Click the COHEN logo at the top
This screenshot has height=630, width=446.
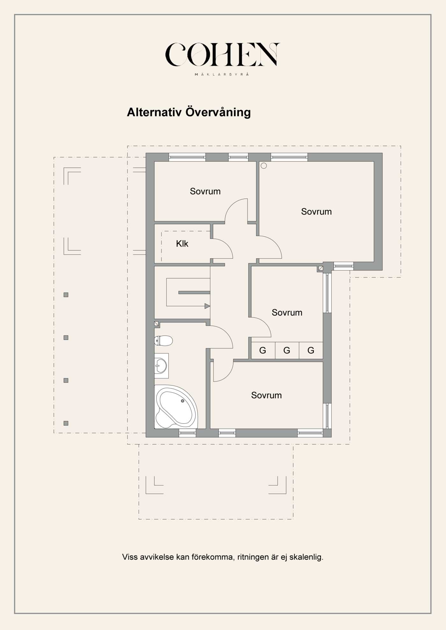(x=222, y=54)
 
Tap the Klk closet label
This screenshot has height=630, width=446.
(x=182, y=244)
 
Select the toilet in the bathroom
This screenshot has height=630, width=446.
(x=163, y=340)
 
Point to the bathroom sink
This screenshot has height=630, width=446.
(x=161, y=366)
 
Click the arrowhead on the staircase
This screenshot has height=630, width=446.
(x=207, y=306)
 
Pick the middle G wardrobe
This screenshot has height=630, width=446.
(x=287, y=350)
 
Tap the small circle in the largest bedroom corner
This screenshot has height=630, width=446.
(x=264, y=166)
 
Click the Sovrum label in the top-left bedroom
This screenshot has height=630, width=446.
(x=205, y=191)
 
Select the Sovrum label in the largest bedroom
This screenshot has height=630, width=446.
(x=316, y=212)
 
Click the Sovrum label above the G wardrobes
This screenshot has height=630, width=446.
(x=287, y=312)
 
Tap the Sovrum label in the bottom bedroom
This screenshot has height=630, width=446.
(x=266, y=395)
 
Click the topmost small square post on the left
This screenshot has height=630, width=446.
(x=66, y=295)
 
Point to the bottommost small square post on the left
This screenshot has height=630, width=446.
(x=66, y=423)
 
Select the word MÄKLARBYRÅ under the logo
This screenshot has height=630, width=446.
(x=222, y=74)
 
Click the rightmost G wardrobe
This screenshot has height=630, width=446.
(x=311, y=350)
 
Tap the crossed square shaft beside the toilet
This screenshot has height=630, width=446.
(x=156, y=324)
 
